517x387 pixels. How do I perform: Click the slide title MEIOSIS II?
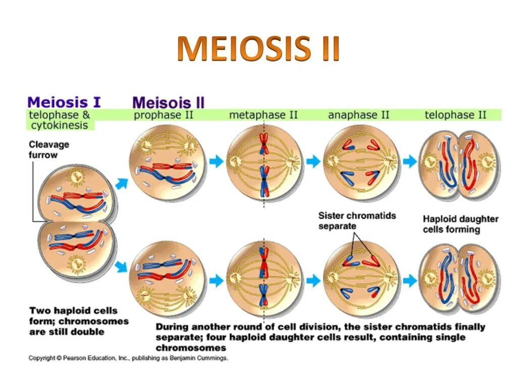click(x=258, y=49)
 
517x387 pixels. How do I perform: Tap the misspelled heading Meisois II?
click(x=168, y=103)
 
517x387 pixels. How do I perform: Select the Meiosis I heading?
click(x=64, y=102)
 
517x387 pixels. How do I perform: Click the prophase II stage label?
click(x=164, y=115)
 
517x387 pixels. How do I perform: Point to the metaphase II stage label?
click(x=263, y=115)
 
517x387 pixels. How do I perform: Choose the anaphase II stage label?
click(x=358, y=115)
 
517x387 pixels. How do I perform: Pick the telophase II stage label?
click(x=455, y=115)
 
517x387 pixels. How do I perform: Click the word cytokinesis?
click(x=59, y=125)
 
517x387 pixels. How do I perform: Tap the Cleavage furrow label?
click(x=48, y=150)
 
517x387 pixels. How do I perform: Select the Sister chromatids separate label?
click(x=357, y=221)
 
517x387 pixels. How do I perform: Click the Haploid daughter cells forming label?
click(x=460, y=224)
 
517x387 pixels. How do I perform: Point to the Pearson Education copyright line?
click(x=128, y=358)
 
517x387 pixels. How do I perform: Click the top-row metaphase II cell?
click(x=264, y=162)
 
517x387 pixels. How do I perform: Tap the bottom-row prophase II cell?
click(x=168, y=279)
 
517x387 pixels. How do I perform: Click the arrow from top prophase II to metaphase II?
click(x=216, y=161)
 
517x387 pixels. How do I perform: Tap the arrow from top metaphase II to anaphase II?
click(x=313, y=161)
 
